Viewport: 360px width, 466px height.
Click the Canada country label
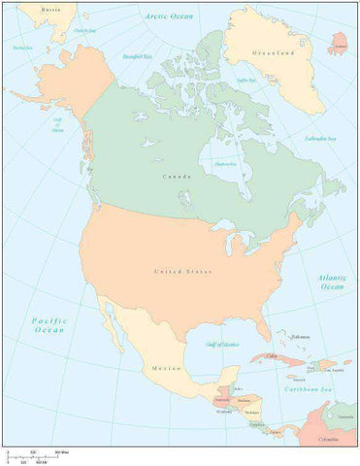pyautogui.click(x=176, y=176)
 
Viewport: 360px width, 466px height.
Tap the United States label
pyautogui.click(x=181, y=271)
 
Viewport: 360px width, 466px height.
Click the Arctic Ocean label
pyautogui.click(x=169, y=17)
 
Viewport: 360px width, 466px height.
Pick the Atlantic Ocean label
pyautogui.click(x=331, y=283)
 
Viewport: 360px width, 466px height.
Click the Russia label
pyautogui.click(x=52, y=9)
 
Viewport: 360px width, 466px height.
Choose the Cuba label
pyautogui.click(x=273, y=357)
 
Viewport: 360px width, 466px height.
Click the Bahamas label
pyautogui.click(x=299, y=337)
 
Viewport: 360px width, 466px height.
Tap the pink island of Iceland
pyautogui.click(x=339, y=45)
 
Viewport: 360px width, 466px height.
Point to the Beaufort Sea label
pyautogui.click(x=135, y=57)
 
